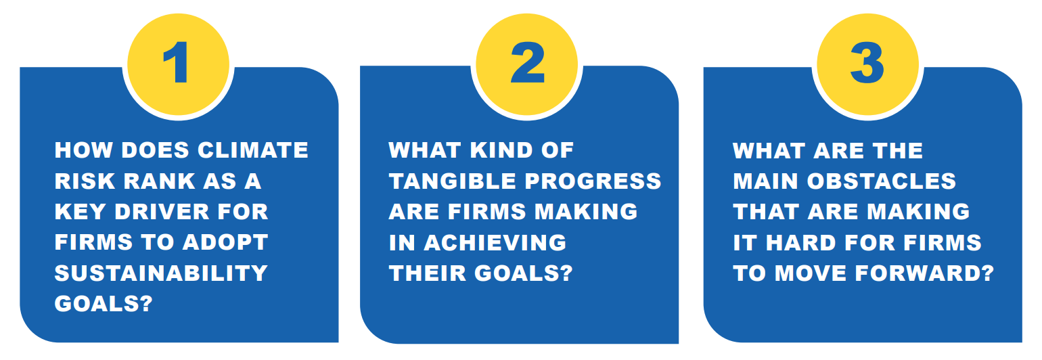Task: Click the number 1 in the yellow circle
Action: point(177,63)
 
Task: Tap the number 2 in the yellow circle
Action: point(528,63)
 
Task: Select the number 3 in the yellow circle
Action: point(867,63)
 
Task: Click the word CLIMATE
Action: point(252,150)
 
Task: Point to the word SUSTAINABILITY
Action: point(161,273)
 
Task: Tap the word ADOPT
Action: point(225,242)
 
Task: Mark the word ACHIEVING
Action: point(495,242)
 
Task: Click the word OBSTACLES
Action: point(882,181)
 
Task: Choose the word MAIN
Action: point(765,181)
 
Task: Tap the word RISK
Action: point(84,181)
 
